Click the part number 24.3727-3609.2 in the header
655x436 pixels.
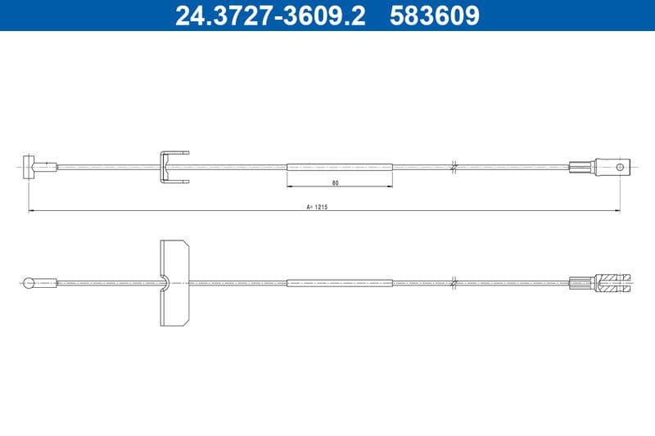click(x=270, y=16)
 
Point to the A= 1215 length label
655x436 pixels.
click(x=317, y=207)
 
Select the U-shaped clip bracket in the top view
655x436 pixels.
click(x=173, y=167)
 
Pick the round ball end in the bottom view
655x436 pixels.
click(x=29, y=284)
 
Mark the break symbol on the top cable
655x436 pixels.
click(x=454, y=167)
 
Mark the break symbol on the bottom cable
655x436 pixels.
click(x=454, y=284)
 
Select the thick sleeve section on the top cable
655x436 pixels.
click(x=340, y=167)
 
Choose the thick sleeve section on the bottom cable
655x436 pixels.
click(x=340, y=284)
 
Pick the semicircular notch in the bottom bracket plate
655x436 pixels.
click(x=166, y=283)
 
